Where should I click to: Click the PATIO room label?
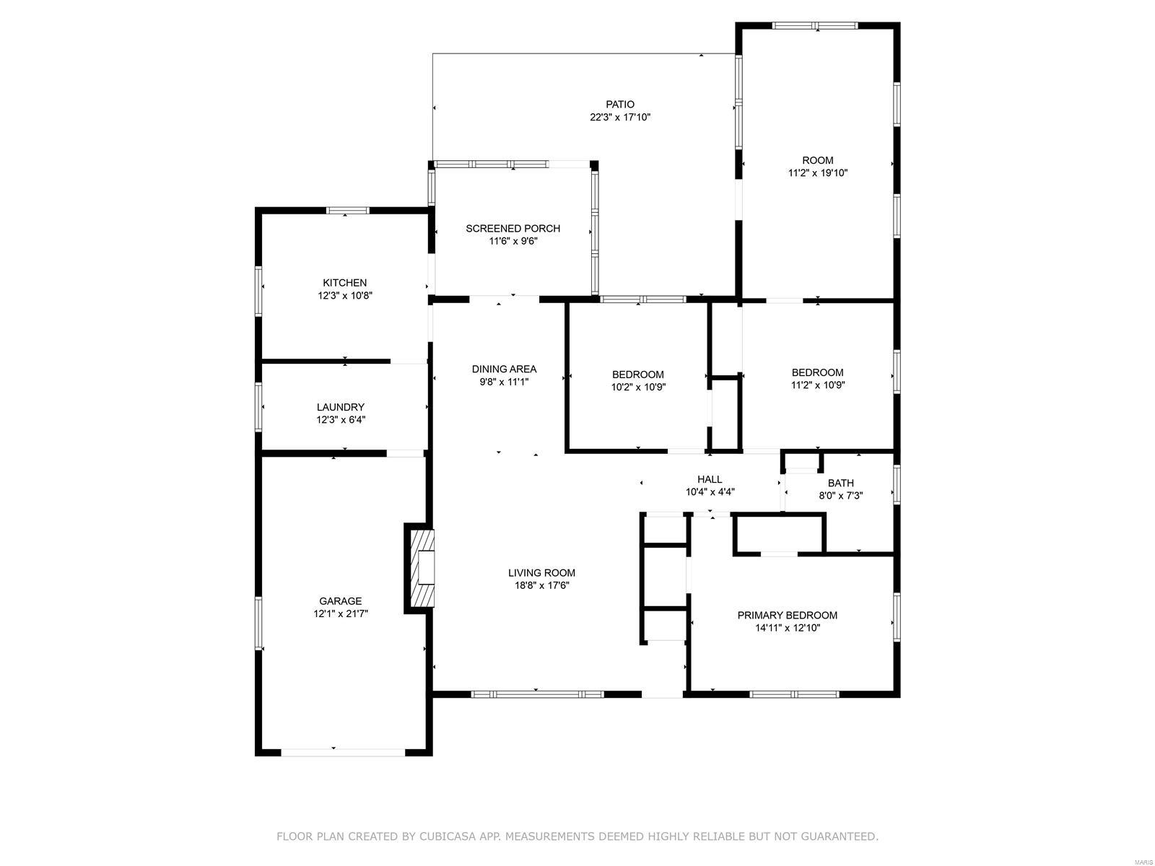(x=620, y=105)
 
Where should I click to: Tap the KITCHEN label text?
(x=344, y=283)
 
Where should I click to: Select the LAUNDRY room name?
(x=341, y=407)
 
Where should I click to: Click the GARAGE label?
(x=341, y=601)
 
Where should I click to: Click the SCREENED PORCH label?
(x=513, y=229)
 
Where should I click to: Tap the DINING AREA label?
(x=504, y=369)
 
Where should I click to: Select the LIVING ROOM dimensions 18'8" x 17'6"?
(x=541, y=586)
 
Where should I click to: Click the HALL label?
(x=710, y=479)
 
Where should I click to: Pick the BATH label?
(x=840, y=484)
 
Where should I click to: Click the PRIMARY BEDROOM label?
(x=787, y=615)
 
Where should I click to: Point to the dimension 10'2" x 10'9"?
(x=638, y=388)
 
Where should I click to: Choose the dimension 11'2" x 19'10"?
(x=818, y=173)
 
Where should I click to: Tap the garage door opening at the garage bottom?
(x=343, y=753)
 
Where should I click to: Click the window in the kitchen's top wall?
(x=347, y=211)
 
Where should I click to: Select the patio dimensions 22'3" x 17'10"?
(x=620, y=117)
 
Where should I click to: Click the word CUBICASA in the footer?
(x=445, y=836)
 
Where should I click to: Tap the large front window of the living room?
(x=537, y=694)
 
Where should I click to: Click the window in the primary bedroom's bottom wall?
(x=794, y=694)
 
